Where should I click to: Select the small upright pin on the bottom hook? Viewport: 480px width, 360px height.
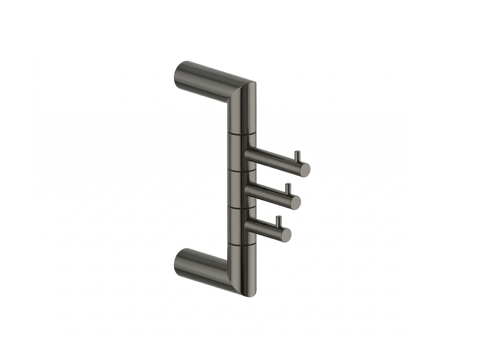[x=278, y=221]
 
